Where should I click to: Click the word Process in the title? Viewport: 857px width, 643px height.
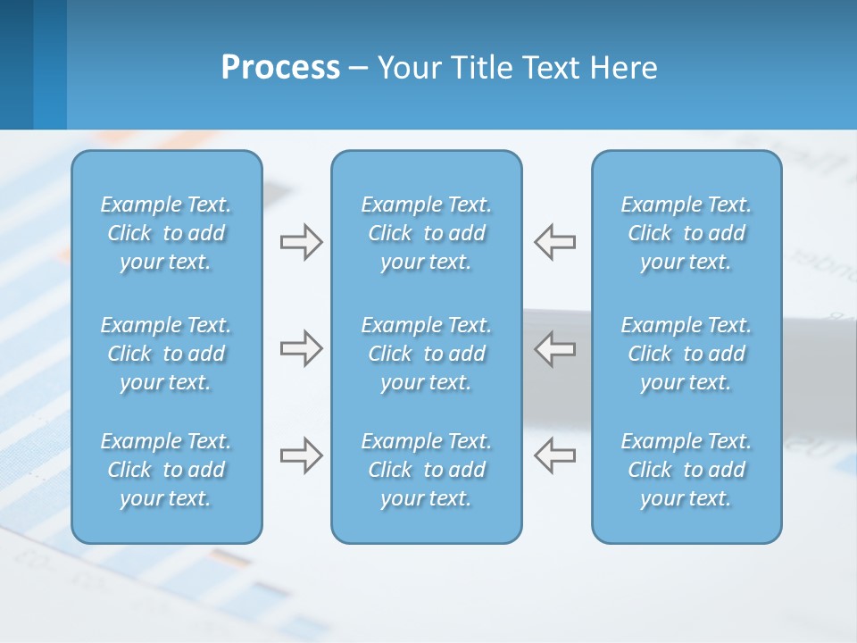click(280, 68)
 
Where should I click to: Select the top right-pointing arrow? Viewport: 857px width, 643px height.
click(301, 242)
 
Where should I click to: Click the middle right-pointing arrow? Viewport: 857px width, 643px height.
click(301, 348)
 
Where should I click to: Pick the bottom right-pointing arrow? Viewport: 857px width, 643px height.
click(301, 455)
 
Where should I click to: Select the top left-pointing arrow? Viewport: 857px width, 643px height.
click(555, 242)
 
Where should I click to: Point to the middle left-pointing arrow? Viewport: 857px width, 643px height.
click(555, 348)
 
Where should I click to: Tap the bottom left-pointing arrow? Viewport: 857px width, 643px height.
click(555, 455)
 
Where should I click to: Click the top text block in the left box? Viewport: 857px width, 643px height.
click(166, 233)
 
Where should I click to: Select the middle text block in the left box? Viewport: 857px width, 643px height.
click(166, 354)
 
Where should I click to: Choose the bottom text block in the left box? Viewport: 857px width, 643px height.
click(166, 470)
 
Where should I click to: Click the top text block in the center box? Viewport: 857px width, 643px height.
click(426, 233)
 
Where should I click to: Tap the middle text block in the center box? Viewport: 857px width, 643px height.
click(426, 354)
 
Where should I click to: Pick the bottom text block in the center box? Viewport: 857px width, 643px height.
click(426, 470)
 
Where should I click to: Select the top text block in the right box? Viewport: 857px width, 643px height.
click(686, 233)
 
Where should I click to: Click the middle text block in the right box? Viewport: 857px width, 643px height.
click(686, 354)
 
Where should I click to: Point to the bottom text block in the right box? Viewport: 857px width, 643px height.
click(686, 470)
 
